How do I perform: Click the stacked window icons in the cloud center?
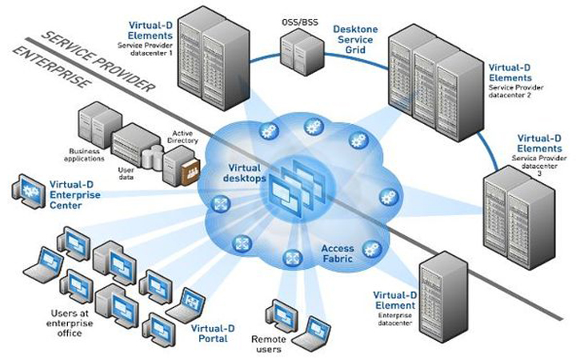[x=291, y=185]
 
